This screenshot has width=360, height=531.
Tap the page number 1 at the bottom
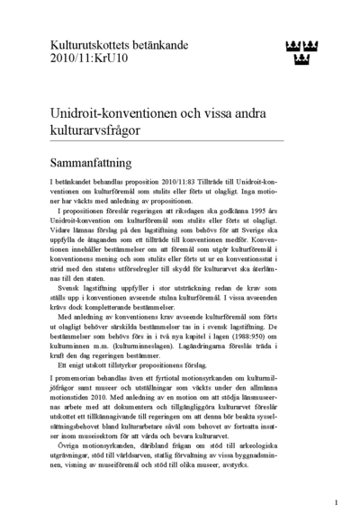335,502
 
